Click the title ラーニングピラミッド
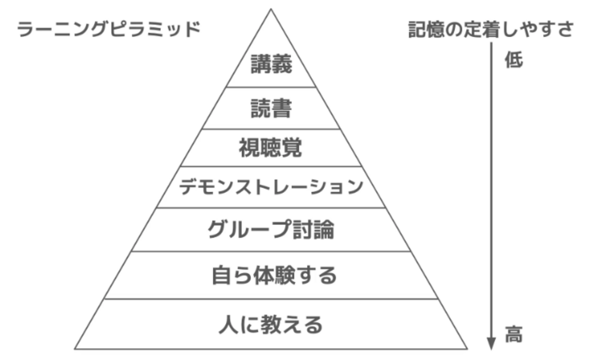[x=108, y=29]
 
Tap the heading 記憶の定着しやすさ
[x=491, y=29]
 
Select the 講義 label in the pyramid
[x=271, y=64]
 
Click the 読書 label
[x=271, y=108]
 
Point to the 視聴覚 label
[x=270, y=148]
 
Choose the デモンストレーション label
[x=271, y=187]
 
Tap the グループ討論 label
[x=271, y=230]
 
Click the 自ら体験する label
[x=275, y=275]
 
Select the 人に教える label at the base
[x=271, y=325]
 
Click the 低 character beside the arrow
[x=514, y=59]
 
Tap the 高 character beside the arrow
[x=514, y=334]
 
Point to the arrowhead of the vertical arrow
[x=491, y=343]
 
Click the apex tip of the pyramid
[x=271, y=9]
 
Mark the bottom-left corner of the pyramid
[x=75, y=349]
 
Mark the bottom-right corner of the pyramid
[x=467, y=349]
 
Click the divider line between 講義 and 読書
[x=271, y=87]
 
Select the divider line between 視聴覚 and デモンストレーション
[x=271, y=167]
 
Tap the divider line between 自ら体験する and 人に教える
[x=271, y=299]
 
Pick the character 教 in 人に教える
[x=271, y=325]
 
